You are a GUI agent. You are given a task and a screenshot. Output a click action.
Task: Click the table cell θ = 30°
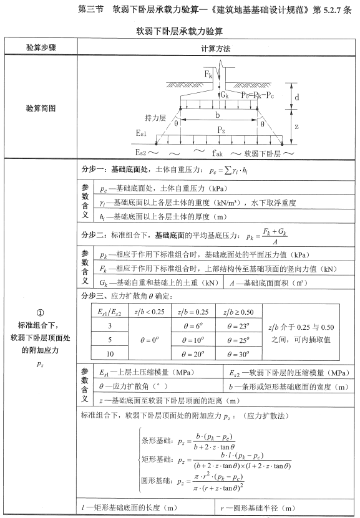(238, 354)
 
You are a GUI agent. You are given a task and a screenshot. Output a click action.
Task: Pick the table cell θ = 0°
(149, 340)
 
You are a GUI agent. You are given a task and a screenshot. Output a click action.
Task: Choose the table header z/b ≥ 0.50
(238, 310)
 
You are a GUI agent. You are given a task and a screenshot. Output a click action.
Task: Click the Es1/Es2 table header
(110, 310)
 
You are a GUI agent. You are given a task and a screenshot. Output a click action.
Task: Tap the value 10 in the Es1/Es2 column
(110, 354)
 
